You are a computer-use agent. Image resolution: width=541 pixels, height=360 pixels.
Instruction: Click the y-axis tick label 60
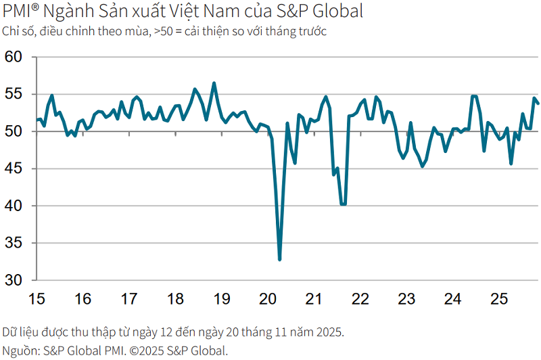pos(14,57)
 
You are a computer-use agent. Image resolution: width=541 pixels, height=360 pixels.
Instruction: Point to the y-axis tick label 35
pos(14,243)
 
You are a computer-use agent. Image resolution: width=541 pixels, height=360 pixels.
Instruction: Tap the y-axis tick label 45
pos(14,168)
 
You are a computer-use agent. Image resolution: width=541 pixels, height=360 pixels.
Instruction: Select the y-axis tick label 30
pos(14,280)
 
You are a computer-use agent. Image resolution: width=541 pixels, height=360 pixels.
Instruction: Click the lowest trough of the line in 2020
pos(279,259)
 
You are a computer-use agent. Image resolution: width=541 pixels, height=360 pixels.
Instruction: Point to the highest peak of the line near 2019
pos(214,83)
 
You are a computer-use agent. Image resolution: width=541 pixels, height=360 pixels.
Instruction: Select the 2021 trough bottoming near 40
pos(343,204)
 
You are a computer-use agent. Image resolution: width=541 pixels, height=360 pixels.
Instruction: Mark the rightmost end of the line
pos(538,104)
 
